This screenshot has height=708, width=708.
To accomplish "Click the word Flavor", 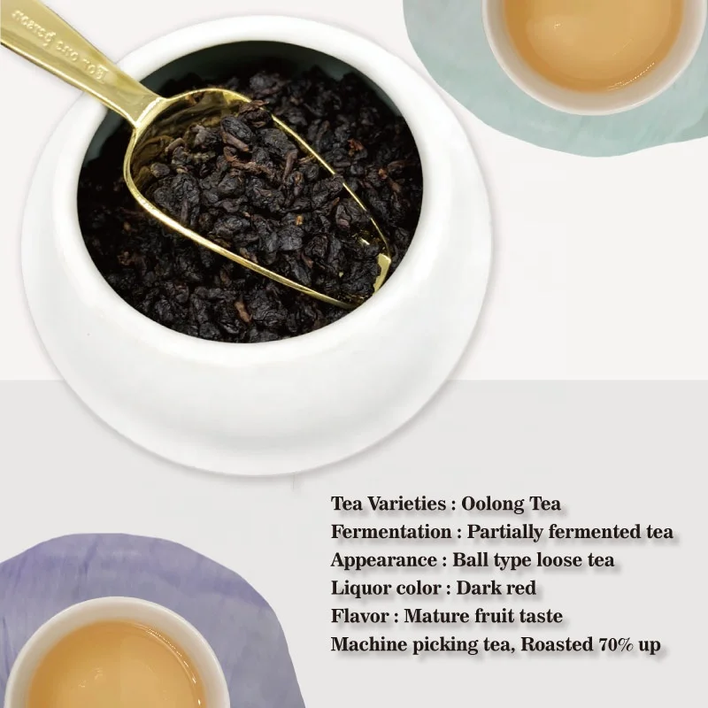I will pos(359,616).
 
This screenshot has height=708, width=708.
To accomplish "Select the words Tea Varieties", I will pos(388,504).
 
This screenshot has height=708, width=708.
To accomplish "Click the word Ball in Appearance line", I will pos(470,560).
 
